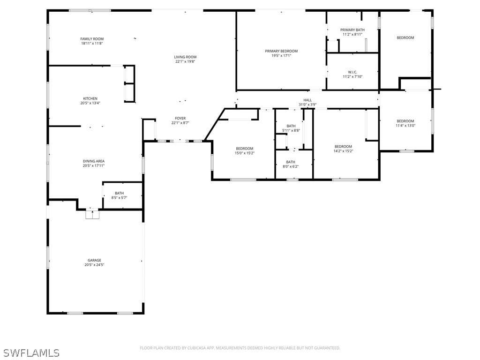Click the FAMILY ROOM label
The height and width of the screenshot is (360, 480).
[x=92, y=39]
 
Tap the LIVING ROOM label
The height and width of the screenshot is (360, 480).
[x=185, y=57]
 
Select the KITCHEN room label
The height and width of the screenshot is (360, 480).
[x=90, y=98]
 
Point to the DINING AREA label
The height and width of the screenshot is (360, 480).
[x=94, y=161]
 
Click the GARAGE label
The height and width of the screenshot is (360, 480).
[x=94, y=260]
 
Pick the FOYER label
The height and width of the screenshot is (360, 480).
[x=180, y=118]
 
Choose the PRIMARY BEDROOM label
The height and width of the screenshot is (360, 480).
[x=281, y=51]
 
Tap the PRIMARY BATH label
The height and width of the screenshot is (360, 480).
[x=352, y=30]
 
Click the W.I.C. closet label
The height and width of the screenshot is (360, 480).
[x=352, y=72]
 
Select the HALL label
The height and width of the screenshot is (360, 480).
[x=307, y=100]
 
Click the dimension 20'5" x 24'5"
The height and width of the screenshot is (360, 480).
[x=94, y=265]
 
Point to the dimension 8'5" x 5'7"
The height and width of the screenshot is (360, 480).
[x=120, y=198]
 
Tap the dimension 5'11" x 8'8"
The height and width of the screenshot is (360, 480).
[x=291, y=130]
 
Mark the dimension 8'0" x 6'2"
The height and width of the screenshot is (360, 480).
[x=291, y=166]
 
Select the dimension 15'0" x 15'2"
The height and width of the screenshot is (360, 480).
[x=245, y=153]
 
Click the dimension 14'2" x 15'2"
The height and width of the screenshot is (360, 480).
[x=343, y=151]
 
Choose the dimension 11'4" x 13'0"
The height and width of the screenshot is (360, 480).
[x=405, y=126]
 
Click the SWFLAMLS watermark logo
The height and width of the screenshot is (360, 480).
[x=30, y=352]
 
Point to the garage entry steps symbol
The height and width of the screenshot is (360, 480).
[x=92, y=214]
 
